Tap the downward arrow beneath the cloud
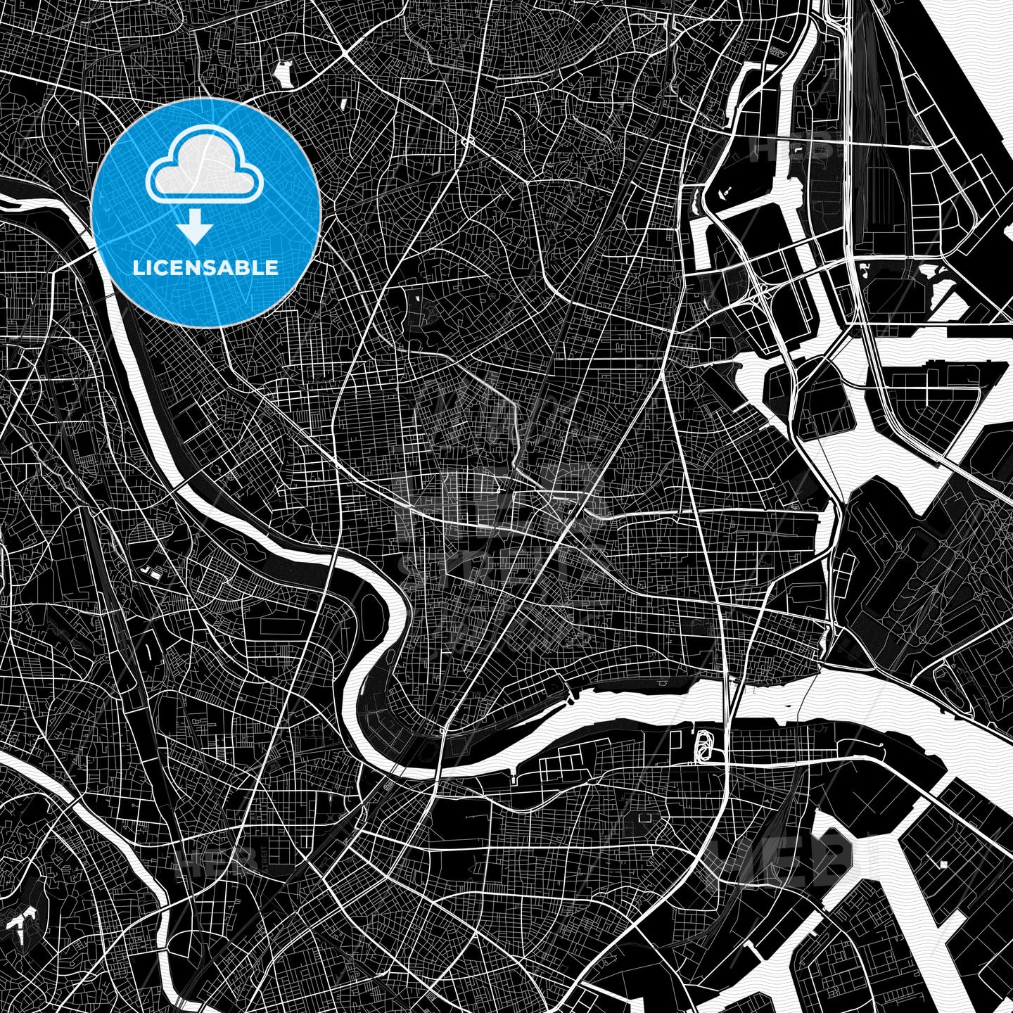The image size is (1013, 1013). (195, 229)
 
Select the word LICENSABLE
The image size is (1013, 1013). (205, 267)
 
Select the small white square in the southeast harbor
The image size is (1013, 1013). (943, 864)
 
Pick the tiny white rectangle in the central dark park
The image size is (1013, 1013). (417, 299)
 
